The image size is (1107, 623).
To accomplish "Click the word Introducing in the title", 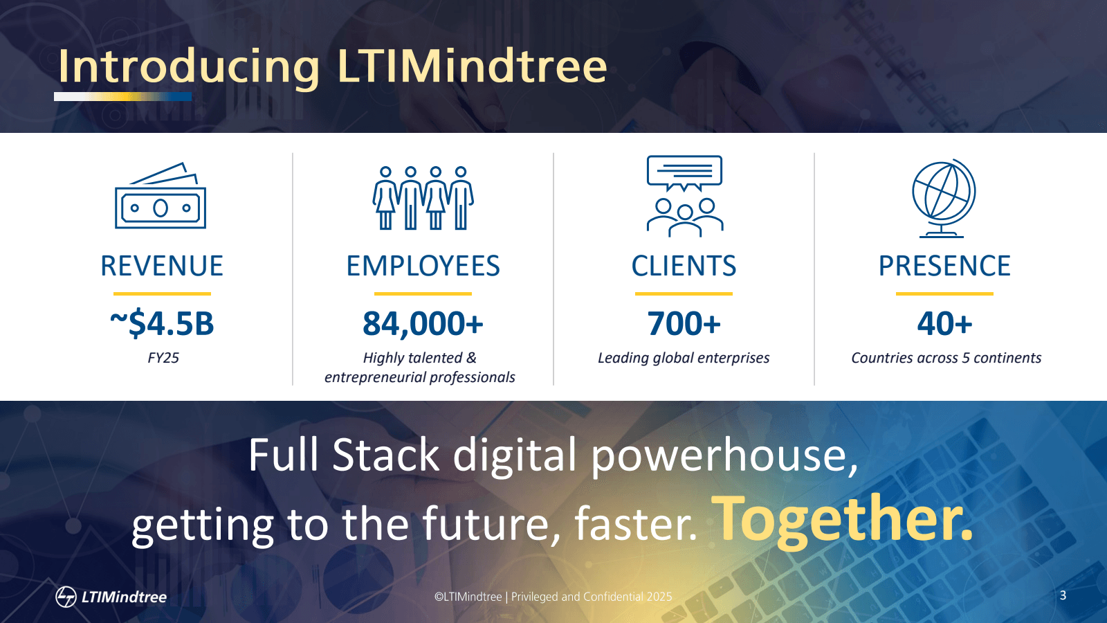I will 188,67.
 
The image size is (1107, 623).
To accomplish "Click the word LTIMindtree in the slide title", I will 472,66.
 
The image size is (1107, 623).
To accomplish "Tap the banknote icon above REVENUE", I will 161,197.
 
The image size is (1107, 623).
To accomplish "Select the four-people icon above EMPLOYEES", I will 423,197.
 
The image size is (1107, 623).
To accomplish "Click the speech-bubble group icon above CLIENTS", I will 684,196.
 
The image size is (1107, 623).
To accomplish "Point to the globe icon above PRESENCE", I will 944,198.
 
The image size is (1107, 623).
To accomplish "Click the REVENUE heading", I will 162,267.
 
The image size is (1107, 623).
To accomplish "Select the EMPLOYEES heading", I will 423,267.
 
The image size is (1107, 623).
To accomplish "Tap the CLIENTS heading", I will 684,267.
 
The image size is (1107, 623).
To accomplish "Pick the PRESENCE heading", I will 944,267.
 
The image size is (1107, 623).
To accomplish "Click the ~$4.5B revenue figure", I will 162,324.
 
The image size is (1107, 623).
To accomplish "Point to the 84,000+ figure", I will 423,324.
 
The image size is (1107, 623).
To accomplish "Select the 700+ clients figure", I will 684,324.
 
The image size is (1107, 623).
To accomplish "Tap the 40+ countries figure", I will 944,324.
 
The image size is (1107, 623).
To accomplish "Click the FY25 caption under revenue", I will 163,358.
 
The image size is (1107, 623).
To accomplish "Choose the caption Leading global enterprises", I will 684,358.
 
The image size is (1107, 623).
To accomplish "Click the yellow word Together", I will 842,518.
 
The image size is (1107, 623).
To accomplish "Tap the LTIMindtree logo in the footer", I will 111,596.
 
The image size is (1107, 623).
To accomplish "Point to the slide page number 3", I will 1063,595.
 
